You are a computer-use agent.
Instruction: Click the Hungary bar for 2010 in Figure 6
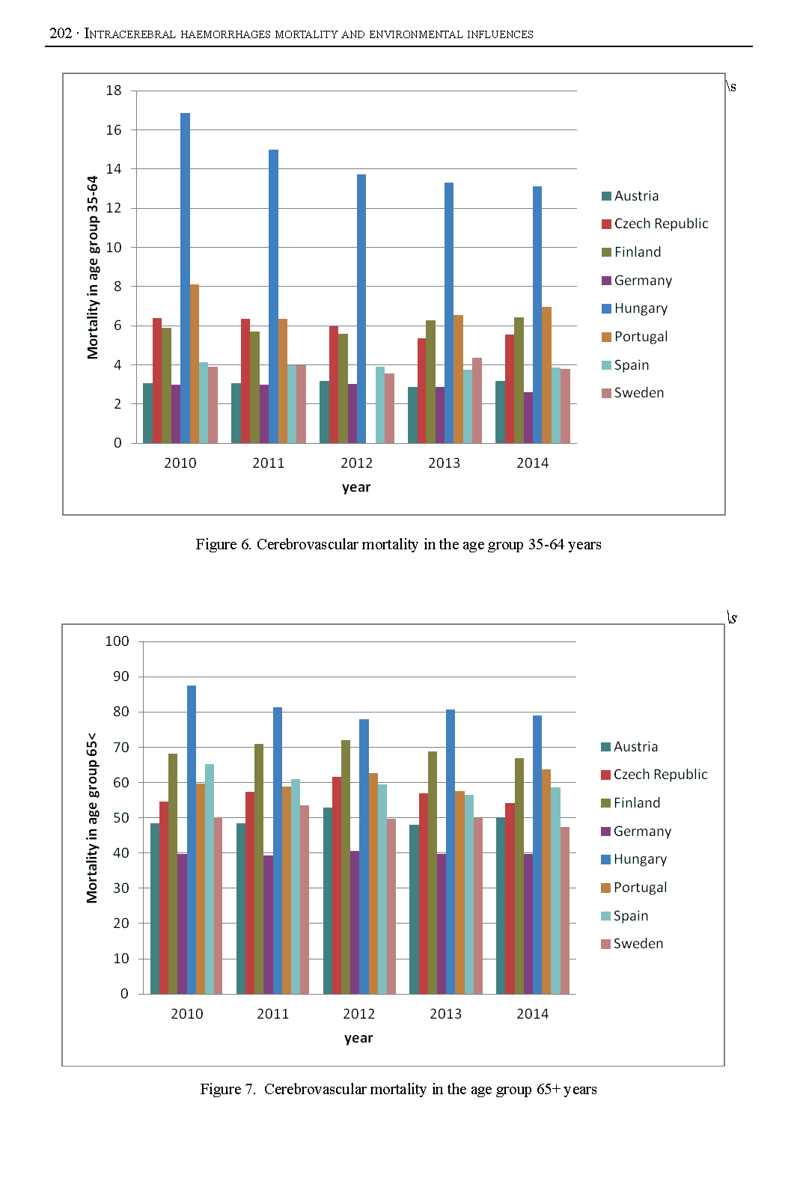[x=185, y=277]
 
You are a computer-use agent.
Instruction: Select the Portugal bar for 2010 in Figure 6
[x=195, y=364]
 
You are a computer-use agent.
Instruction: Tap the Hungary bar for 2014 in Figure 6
[x=537, y=314]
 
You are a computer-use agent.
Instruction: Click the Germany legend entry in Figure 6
[x=637, y=281]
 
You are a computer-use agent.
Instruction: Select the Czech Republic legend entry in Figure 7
[x=654, y=775]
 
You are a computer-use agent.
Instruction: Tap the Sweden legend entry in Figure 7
[x=632, y=944]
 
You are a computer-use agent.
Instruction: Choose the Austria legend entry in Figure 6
[x=630, y=196]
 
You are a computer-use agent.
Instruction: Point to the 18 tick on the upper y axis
[x=114, y=91]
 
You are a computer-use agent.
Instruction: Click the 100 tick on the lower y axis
[x=117, y=641]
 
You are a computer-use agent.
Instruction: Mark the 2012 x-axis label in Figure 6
[x=356, y=463]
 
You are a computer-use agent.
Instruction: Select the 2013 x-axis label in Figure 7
[x=445, y=1014]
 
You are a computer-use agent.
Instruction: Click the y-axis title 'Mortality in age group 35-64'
[x=93, y=267]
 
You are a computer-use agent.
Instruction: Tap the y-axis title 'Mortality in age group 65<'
[x=92, y=817]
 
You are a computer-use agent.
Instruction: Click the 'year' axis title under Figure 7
[x=358, y=1038]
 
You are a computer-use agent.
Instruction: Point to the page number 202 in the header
[x=61, y=33]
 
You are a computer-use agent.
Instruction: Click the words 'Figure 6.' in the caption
[x=223, y=545]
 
